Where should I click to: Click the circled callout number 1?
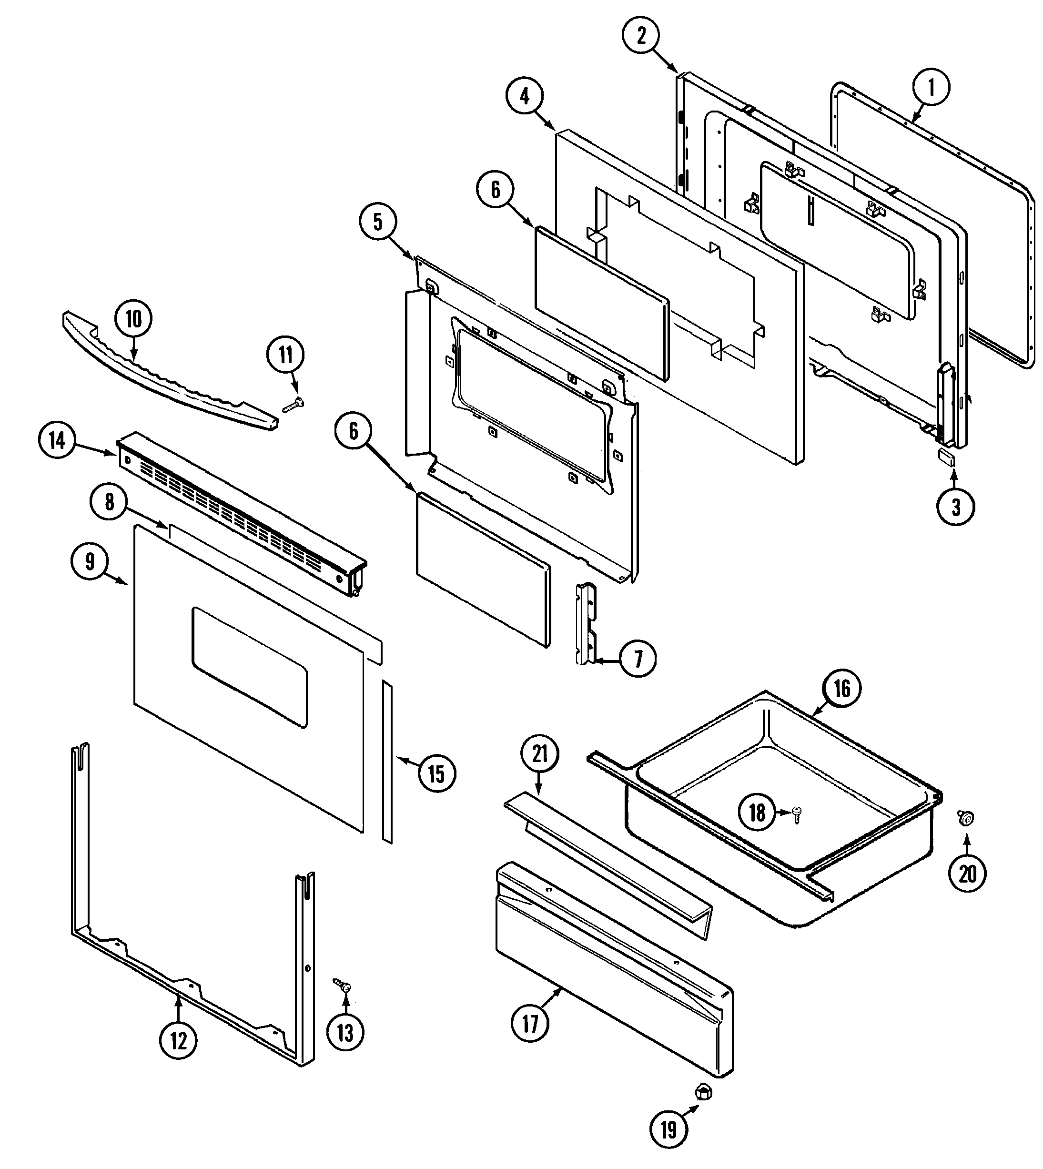coord(931,88)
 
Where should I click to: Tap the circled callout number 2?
coord(641,36)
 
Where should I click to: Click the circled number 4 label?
coord(525,97)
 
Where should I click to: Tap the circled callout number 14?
coord(57,441)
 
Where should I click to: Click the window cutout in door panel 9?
coord(249,667)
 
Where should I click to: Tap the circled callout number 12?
coord(178,1040)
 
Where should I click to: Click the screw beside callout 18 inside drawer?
coord(797,813)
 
